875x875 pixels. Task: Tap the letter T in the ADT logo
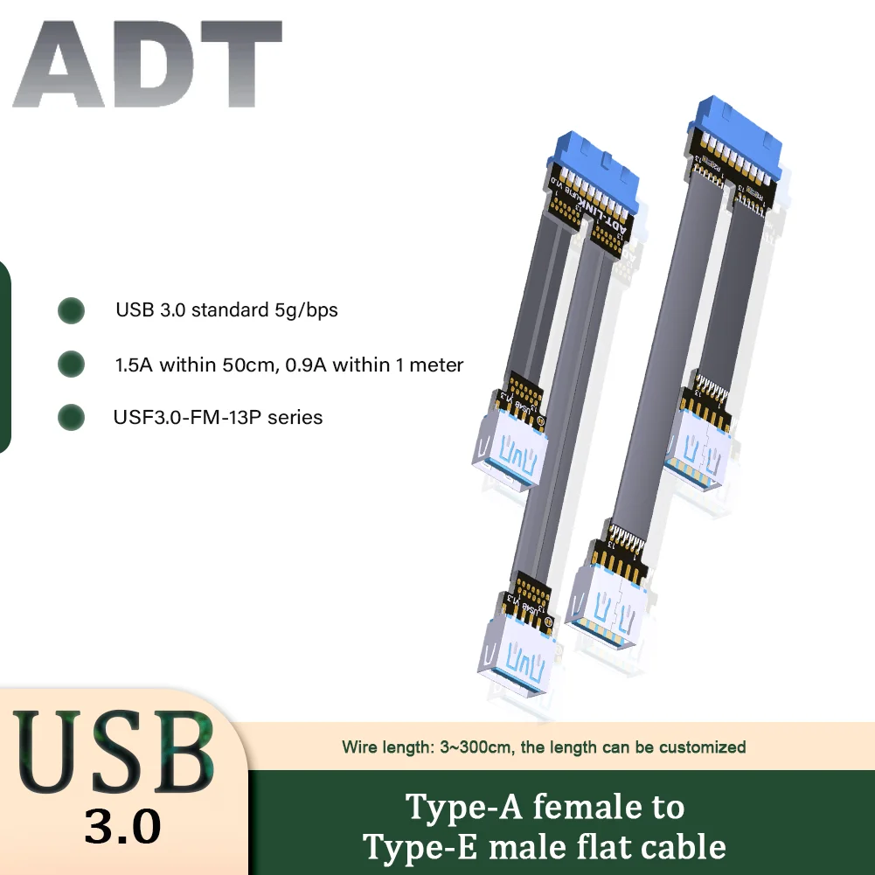[x=237, y=69]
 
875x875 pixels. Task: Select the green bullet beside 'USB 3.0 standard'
[x=71, y=310]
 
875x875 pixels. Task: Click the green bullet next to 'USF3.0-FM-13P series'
[x=71, y=418]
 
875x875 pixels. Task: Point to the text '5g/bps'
[x=312, y=310]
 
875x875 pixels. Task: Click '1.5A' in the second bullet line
[x=134, y=365]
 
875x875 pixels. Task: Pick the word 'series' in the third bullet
[x=295, y=418]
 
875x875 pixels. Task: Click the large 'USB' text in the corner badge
[x=114, y=753]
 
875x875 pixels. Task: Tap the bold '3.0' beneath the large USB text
[x=122, y=825]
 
